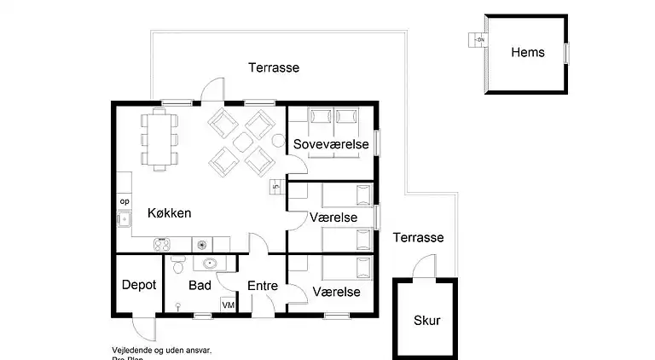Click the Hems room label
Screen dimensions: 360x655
tap(527, 53)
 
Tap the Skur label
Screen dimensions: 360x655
tap(426, 321)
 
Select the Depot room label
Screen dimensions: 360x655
tap(138, 285)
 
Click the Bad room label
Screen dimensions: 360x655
tap(200, 285)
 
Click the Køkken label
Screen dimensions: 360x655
tap(169, 213)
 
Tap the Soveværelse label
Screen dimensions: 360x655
tap(331, 145)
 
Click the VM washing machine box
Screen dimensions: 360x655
tap(229, 305)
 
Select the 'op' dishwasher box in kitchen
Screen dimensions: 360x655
tap(124, 201)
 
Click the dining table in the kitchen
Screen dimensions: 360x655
tap(159, 138)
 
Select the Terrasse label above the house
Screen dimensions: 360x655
tap(273, 67)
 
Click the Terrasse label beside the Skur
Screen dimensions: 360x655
tap(418, 238)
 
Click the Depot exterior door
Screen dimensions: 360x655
tap(143, 328)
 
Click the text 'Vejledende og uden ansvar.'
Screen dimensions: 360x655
tap(161, 350)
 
